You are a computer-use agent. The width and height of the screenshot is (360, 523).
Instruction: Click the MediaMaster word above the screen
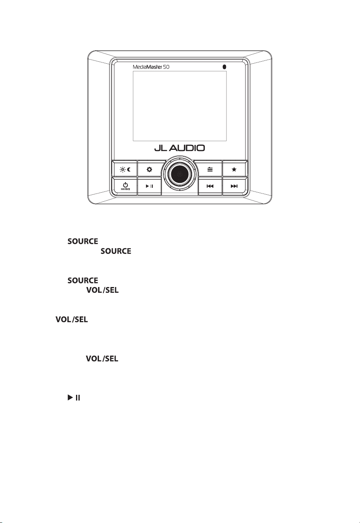pyautogui.click(x=148, y=67)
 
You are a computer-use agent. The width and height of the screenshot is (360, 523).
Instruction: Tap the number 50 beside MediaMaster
pyautogui.click(x=166, y=67)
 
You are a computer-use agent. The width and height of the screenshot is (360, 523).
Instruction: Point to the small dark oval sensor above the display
pyautogui.click(x=224, y=67)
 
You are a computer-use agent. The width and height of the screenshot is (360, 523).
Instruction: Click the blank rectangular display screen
pyautogui.click(x=180, y=106)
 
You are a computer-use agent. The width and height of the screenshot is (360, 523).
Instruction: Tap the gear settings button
pyautogui.click(x=149, y=169)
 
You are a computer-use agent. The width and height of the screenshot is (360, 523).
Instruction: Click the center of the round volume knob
pyautogui.click(x=180, y=174)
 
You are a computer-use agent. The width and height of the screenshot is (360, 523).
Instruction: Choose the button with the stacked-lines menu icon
pyautogui.click(x=210, y=169)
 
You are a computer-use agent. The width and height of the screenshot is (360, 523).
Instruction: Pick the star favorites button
pyautogui.click(x=234, y=169)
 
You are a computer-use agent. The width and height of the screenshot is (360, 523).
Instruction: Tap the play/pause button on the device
pyautogui.click(x=149, y=186)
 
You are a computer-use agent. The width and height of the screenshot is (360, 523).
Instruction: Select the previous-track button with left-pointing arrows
pyautogui.click(x=210, y=186)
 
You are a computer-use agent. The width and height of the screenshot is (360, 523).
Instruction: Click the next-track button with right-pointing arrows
pyautogui.click(x=234, y=186)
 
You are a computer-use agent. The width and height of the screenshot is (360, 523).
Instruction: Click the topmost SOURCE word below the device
pyautogui.click(x=83, y=241)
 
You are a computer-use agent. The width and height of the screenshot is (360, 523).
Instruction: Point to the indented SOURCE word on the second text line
pyautogui.click(x=116, y=251)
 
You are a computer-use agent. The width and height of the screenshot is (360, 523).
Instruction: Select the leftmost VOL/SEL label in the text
pyautogui.click(x=72, y=319)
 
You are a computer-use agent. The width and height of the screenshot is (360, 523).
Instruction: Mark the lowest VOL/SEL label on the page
pyautogui.click(x=102, y=358)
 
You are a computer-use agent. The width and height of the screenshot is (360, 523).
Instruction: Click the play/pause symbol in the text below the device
pyautogui.click(x=74, y=397)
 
